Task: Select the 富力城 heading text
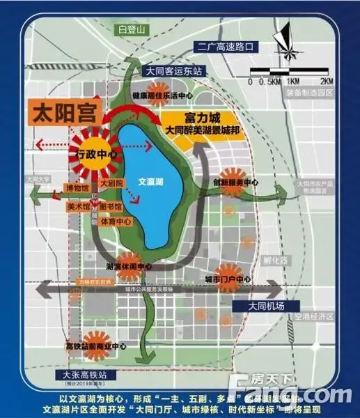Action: click(203, 116)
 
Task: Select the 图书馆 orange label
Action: click(110, 207)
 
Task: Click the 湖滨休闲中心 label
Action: click(128, 266)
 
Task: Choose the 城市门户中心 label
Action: click(228, 280)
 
